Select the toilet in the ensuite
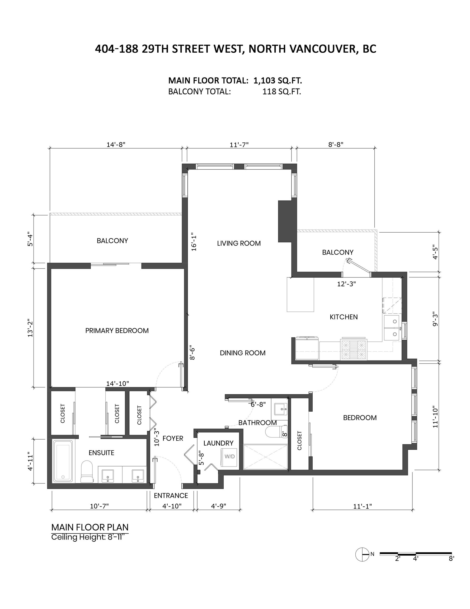click(87, 472)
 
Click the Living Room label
click(239, 243)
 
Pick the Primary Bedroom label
click(117, 331)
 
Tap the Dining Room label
click(242, 353)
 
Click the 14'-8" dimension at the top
click(116, 145)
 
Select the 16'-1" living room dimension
click(194, 242)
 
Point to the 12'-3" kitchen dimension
click(347, 284)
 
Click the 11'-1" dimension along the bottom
click(363, 506)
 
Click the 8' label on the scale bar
click(452, 559)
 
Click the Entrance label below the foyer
click(171, 496)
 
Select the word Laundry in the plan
click(218, 443)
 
